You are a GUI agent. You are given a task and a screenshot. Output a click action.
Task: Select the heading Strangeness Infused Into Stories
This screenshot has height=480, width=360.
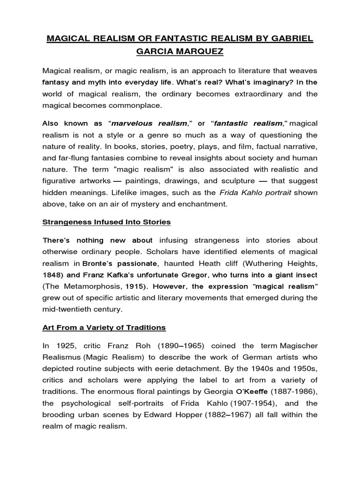pos(106,221)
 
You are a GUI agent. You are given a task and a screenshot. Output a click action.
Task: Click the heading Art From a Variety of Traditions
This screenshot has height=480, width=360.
pos(104,327)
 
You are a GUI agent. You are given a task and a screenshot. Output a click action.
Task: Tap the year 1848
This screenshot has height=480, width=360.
pos(52,275)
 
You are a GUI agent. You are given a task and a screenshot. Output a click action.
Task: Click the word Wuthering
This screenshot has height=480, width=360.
pos(260,263)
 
